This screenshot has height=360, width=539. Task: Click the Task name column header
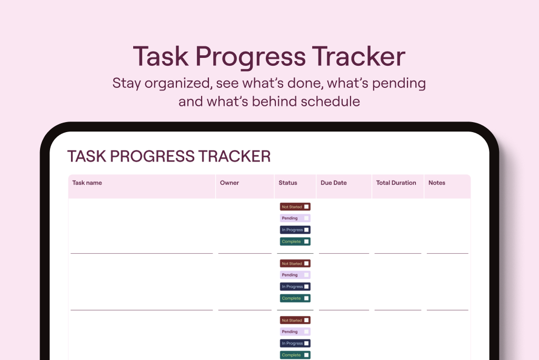[x=87, y=183]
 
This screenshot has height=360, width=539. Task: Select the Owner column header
[x=229, y=183]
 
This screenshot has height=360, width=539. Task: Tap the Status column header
[x=288, y=183]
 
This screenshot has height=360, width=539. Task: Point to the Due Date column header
[x=333, y=183]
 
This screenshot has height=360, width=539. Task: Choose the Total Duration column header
[x=396, y=183]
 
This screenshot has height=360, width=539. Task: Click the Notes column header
[x=436, y=183]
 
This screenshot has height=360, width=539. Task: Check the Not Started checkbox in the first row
[x=306, y=207]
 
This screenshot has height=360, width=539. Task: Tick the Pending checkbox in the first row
[x=306, y=218]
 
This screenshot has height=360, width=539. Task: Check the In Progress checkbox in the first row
[x=306, y=229]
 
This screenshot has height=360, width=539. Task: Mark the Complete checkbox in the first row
[x=306, y=242]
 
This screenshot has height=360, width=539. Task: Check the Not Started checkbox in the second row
[x=306, y=263]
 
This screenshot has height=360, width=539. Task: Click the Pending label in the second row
[x=290, y=275]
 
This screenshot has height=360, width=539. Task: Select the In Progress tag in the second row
[x=295, y=286]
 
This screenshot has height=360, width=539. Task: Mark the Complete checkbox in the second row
[x=306, y=298]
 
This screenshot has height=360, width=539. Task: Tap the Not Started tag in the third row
[x=295, y=320]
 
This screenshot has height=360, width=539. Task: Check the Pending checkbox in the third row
[x=306, y=332]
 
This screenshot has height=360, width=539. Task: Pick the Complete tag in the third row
[x=295, y=355]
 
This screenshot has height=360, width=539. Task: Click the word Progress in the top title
[x=251, y=57]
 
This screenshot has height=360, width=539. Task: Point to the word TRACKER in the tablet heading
[x=234, y=156]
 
